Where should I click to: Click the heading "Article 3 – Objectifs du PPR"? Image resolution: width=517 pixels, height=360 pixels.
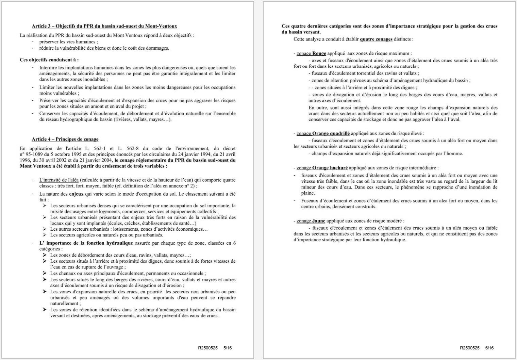pos(104,26)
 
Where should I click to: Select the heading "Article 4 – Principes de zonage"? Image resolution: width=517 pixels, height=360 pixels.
pos(65,139)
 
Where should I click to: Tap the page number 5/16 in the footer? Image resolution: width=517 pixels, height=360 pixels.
pos(228,348)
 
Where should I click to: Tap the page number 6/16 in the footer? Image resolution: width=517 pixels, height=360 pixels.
pos(489,348)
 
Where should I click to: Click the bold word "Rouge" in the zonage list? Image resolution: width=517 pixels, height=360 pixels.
pos(319,53)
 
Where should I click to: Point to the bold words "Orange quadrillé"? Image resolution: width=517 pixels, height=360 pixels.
pos(331,133)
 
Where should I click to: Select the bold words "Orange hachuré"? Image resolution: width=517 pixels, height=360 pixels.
pos(330,168)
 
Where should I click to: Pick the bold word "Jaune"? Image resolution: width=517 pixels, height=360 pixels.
pos(319,221)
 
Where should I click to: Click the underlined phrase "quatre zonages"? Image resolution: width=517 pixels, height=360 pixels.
pos(376,39)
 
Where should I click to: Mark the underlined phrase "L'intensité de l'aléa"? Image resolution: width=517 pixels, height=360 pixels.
pos(59,180)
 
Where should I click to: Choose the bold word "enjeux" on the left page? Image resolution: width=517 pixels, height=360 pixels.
pos(76,194)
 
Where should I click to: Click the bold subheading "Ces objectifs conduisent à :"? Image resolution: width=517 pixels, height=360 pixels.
pos(49,60)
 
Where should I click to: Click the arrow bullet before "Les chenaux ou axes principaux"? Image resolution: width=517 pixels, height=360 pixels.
pos(45,273)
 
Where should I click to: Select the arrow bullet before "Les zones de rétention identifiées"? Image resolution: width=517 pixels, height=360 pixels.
pos(45,310)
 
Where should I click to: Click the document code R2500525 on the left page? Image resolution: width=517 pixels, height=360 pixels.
pos(208,348)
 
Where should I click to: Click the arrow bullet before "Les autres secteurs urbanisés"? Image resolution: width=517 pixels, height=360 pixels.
pos(45,229)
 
